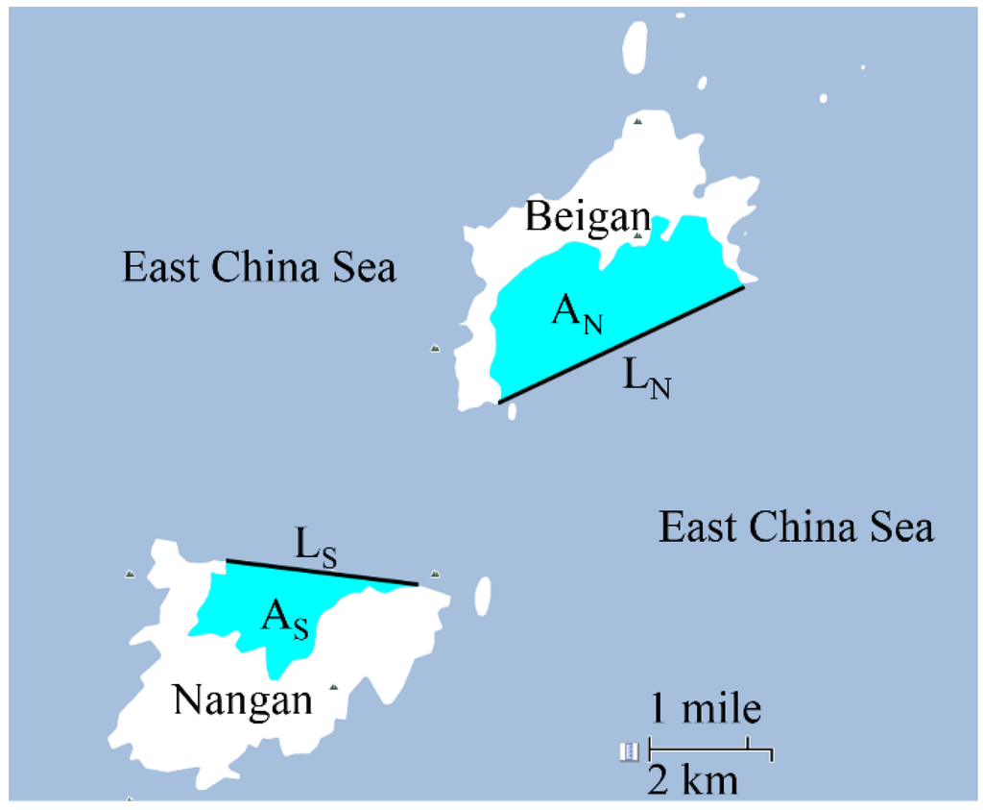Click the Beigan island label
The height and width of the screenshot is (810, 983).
click(x=587, y=217)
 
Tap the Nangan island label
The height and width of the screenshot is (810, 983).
click(x=243, y=700)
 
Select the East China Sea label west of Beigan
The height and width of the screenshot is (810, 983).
click(x=259, y=267)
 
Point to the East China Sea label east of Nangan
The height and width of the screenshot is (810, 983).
click(x=796, y=528)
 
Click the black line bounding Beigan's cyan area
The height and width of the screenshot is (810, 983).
click(x=621, y=343)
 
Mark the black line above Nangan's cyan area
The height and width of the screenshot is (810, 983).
click(x=322, y=572)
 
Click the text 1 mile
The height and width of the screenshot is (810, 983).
click(x=707, y=710)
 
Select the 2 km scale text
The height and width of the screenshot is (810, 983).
click(x=693, y=779)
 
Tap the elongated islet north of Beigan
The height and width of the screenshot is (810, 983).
click(x=635, y=44)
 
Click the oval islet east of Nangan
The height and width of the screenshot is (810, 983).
click(x=482, y=595)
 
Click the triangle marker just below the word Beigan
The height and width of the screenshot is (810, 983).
click(x=637, y=234)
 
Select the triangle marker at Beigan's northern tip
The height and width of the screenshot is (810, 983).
click(x=637, y=121)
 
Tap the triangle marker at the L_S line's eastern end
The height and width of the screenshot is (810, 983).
click(x=435, y=575)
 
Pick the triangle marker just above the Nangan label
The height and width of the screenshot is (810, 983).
click(x=333, y=687)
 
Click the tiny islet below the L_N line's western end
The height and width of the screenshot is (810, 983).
click(x=512, y=411)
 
